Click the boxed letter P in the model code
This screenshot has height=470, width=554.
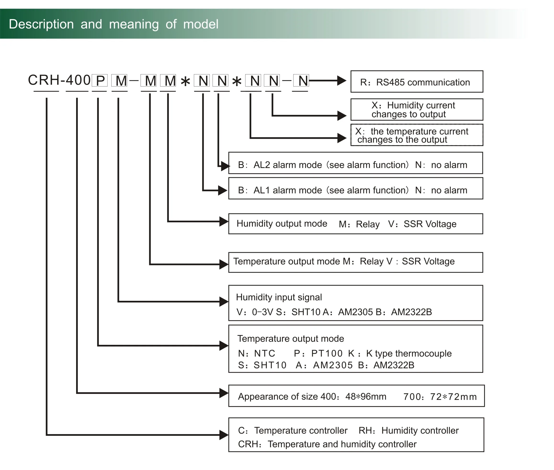click(x=100, y=80)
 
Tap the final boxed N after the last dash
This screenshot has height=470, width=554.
click(x=301, y=80)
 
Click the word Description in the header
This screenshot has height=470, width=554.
click(x=41, y=24)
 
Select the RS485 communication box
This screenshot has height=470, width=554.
click(x=417, y=82)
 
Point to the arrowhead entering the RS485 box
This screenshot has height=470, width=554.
click(x=342, y=80)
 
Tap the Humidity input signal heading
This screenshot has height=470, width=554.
click(x=279, y=297)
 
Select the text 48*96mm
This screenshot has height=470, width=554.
click(x=366, y=397)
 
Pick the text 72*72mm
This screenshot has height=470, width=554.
click(x=453, y=397)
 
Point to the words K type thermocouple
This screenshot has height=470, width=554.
click(x=409, y=353)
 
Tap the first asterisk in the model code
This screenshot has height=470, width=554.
click(x=185, y=81)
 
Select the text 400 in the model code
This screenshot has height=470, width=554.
click(x=78, y=80)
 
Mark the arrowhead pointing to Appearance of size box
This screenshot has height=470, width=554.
click(x=224, y=393)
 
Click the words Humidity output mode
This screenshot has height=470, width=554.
click(x=282, y=224)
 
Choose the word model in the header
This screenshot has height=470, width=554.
click(x=201, y=24)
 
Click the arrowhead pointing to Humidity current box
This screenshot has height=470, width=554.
click(x=342, y=116)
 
